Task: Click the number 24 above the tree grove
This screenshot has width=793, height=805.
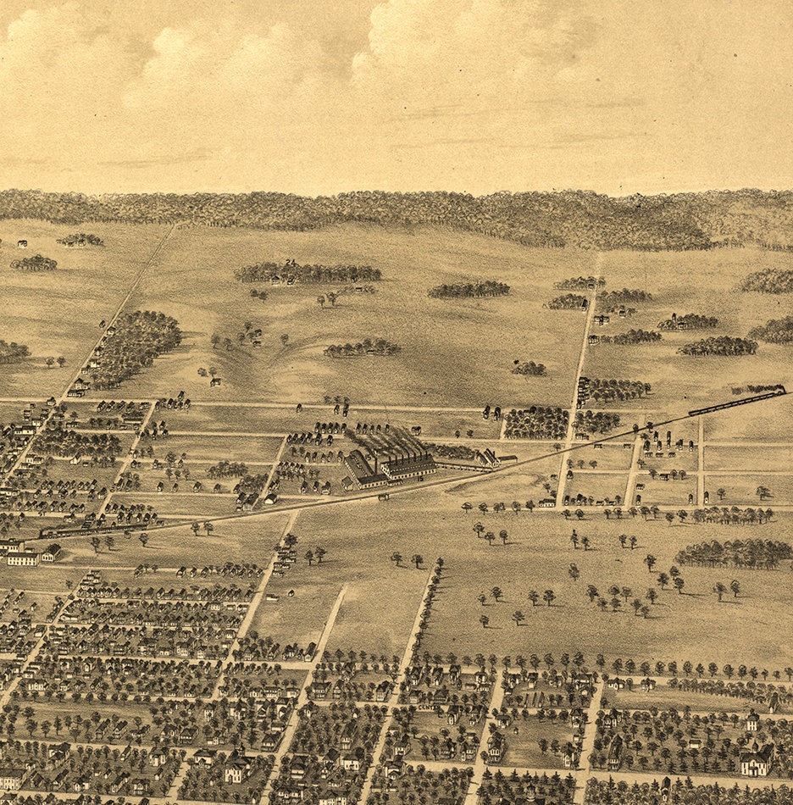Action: tap(291, 263)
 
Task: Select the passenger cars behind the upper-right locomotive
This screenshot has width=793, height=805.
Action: tap(720, 405)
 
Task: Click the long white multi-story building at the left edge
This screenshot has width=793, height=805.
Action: tap(23, 557)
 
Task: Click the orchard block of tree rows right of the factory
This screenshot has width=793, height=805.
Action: tap(535, 422)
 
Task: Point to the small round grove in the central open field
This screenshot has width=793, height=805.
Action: tap(529, 368)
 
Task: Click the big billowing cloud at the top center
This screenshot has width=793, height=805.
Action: tap(457, 51)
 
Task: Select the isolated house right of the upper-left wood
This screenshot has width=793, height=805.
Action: tap(215, 381)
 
